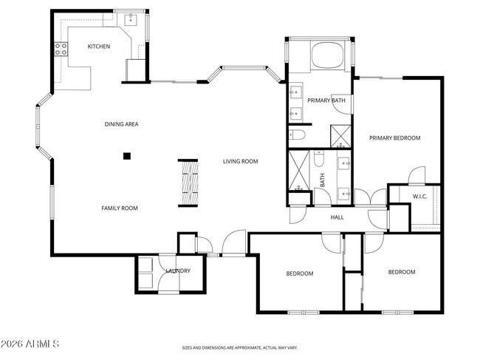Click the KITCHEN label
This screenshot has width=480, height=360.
tap(98, 47)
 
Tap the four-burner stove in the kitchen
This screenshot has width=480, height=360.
tap(61, 50)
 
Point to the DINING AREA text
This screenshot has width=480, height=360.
tap(121, 124)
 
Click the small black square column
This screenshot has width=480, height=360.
tap(127, 156)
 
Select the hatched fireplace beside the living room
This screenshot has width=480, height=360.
tap(189, 184)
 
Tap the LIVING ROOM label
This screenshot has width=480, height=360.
tap(241, 161)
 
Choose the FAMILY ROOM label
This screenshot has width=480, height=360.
tap(120, 208)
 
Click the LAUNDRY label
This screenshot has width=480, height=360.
tap(178, 271)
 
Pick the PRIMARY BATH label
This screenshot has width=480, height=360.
tap(326, 101)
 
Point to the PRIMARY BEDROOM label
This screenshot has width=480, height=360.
tap(394, 137)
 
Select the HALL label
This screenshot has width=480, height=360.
tap(337, 217)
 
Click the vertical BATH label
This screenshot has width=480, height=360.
tap(323, 180)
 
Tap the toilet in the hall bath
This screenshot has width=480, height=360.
tap(319, 157)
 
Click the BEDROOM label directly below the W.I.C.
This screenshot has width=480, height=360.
tap(402, 272)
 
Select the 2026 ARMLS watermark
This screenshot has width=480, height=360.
tap(30, 344)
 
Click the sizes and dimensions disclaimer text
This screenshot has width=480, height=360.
tap(240, 347)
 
